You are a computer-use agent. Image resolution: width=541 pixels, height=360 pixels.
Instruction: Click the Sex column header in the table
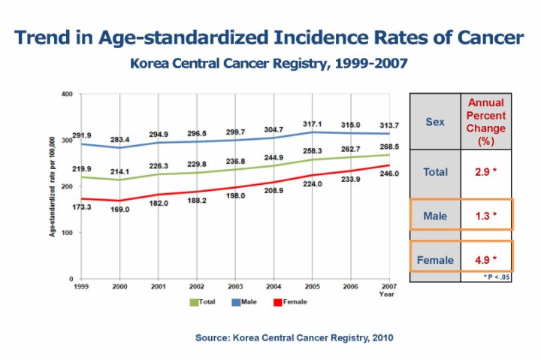pyautogui.click(x=435, y=122)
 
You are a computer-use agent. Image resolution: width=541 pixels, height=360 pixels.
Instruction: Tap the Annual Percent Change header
pyautogui.click(x=486, y=121)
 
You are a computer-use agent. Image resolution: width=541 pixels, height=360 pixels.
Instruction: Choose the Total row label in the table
pyautogui.click(x=435, y=171)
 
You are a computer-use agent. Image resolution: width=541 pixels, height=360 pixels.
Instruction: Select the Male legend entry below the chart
pyautogui.click(x=245, y=301)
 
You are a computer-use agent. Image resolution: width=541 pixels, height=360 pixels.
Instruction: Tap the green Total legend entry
pyautogui.click(x=202, y=301)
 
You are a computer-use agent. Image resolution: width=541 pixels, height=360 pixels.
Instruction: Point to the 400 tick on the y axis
pyautogui.click(x=67, y=94)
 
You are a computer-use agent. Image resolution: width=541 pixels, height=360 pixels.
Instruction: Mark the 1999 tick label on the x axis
pyautogui.click(x=81, y=286)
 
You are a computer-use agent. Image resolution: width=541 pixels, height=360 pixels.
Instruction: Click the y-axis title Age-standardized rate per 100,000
pyautogui.click(x=53, y=186)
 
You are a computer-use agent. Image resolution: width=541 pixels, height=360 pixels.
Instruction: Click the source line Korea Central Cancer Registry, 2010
pyautogui.click(x=294, y=338)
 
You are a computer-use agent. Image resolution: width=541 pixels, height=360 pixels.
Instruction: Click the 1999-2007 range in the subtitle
pyautogui.click(x=373, y=63)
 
